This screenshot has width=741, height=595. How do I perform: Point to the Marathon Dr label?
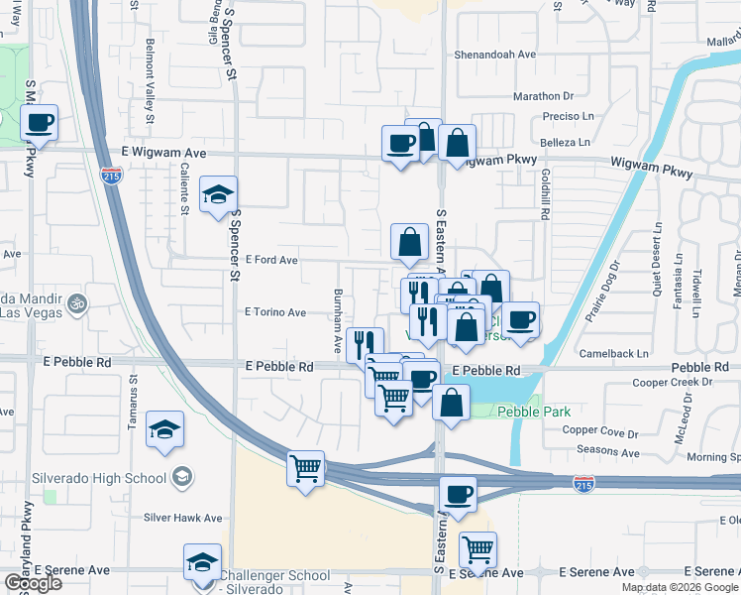(x=544, y=96)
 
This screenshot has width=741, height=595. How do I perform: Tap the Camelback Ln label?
(x=615, y=353)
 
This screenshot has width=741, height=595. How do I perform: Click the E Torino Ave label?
(x=275, y=311)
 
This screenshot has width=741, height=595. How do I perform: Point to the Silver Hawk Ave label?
(x=183, y=518)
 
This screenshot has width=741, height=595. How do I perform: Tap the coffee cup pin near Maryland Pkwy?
(x=39, y=124)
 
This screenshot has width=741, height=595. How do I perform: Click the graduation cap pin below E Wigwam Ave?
(x=219, y=194)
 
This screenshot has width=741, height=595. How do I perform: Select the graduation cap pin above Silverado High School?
(x=164, y=430)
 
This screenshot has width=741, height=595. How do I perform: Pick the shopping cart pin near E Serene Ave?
(x=477, y=549)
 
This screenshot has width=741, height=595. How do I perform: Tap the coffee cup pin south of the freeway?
(x=457, y=494)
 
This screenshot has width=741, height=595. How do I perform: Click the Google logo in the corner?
(x=33, y=582)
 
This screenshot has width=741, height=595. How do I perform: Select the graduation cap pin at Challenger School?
(x=202, y=562)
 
